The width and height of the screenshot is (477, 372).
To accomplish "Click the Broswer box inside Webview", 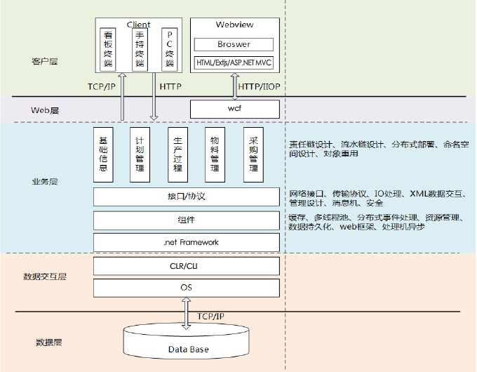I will [x=234, y=44].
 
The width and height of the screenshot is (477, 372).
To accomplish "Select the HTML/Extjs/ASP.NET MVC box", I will [x=234, y=63].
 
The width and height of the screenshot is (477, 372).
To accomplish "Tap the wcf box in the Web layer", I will [x=234, y=109].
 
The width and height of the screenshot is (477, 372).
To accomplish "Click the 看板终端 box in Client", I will [x=108, y=48].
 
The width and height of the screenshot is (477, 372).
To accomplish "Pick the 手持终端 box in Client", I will [x=140, y=48].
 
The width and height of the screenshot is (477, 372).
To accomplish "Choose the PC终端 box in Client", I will [x=170, y=48].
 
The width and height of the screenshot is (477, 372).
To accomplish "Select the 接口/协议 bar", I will [x=187, y=197].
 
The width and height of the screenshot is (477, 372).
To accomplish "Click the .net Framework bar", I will [x=187, y=242].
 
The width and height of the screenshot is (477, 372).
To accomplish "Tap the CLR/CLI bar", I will [x=187, y=265].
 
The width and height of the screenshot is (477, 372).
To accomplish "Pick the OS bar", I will [x=187, y=287].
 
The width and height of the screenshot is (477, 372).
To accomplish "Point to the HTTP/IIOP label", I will [x=259, y=86].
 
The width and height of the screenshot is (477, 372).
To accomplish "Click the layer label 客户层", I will [x=45, y=62].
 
